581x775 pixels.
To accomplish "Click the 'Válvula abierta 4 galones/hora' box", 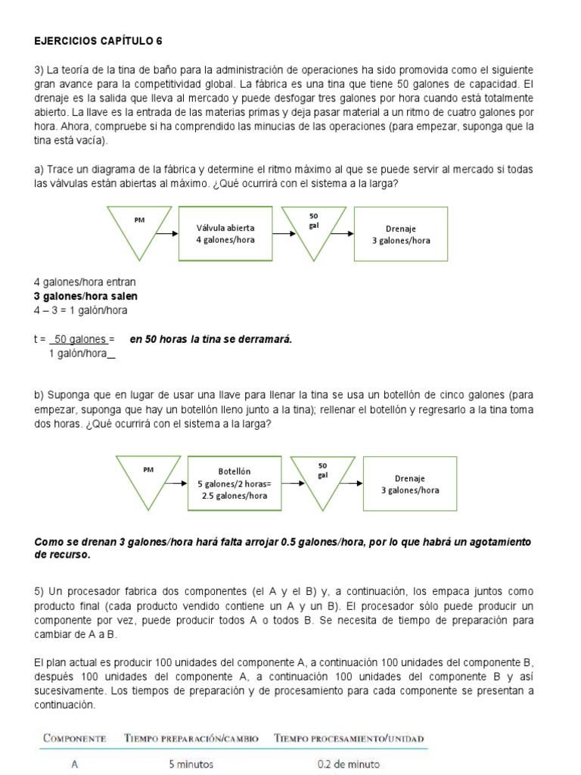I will pyautogui.click(x=225, y=233).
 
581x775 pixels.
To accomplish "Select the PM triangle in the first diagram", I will pyautogui.click(x=141, y=227).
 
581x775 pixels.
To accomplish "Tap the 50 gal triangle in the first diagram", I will pyautogui.click(x=314, y=227).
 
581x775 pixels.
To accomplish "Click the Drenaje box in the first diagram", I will pyautogui.click(x=400, y=233).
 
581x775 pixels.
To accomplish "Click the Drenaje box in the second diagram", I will pyautogui.click(x=410, y=483).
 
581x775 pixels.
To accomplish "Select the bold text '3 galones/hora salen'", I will pyautogui.click(x=85, y=296).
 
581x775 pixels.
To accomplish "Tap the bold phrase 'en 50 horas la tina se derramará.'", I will pyautogui.click(x=210, y=339).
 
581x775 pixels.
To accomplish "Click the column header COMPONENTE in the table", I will pyautogui.click(x=73, y=738).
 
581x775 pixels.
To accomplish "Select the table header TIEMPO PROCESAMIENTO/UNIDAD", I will pyautogui.click(x=349, y=738).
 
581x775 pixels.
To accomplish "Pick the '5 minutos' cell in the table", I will pyautogui.click(x=191, y=764).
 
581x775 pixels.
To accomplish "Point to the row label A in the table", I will pyautogui.click(x=74, y=764).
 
